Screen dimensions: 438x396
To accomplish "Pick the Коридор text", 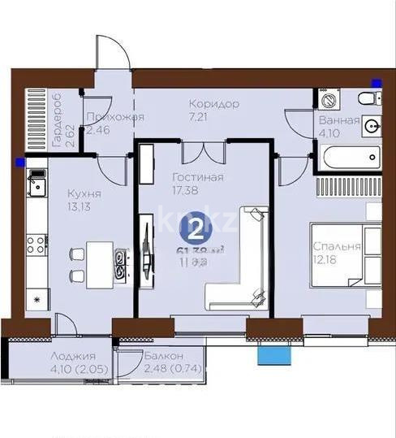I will click(213, 104).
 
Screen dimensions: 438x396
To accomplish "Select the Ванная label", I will click(339, 121).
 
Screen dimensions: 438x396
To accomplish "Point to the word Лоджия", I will click(73, 356).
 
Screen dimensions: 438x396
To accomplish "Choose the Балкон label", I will click(163, 356).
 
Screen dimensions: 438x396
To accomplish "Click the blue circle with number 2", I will click(196, 223).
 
